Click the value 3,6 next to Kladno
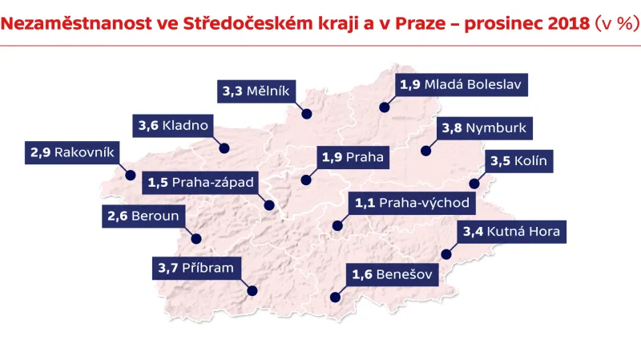pyautogui.click(x=148, y=125)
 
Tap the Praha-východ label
pyautogui.click(x=412, y=203)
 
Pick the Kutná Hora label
pyautogui.click(x=512, y=233)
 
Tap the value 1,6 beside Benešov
pyautogui.click(x=362, y=276)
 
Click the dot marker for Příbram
pyautogui.click(x=252, y=292)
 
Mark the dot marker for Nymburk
pyautogui.click(x=426, y=150)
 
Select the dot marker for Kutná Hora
pyautogui.click(x=446, y=255)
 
